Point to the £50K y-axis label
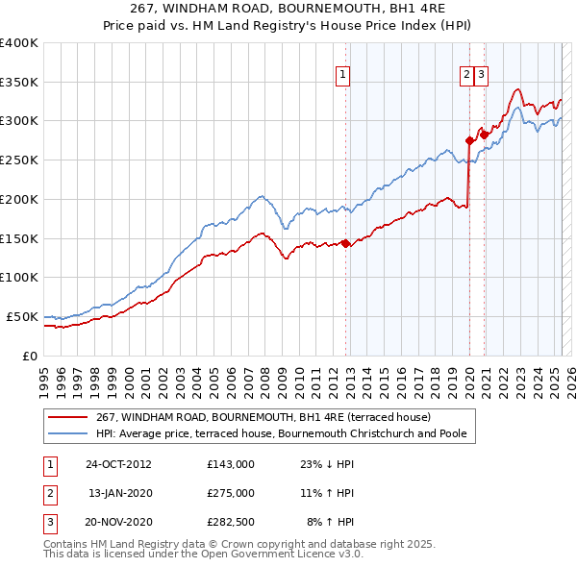click(x=21, y=316)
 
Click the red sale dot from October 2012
click(x=344, y=244)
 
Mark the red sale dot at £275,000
click(x=469, y=140)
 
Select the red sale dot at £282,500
click(x=484, y=135)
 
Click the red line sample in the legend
click(x=67, y=417)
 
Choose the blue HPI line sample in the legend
click(x=67, y=433)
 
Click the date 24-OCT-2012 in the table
click(x=118, y=463)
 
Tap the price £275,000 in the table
click(x=231, y=493)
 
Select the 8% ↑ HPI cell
click(x=330, y=522)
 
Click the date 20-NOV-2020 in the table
click(x=119, y=522)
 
